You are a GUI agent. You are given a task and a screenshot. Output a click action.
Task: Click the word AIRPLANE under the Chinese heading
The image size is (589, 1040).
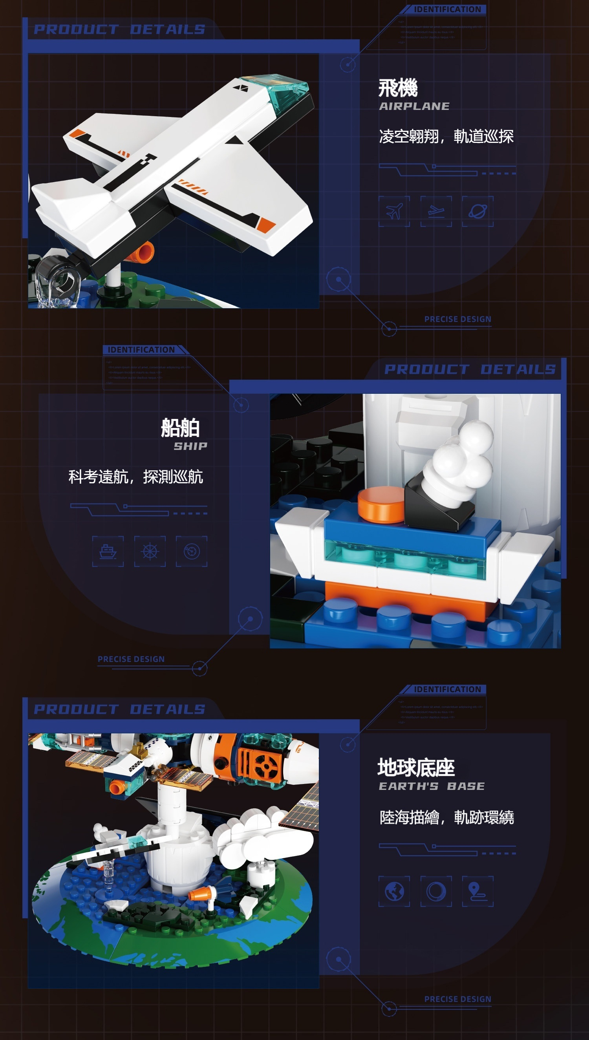click(x=414, y=106)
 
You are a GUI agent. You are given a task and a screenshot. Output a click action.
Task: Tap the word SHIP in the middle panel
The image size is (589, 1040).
click(x=190, y=446)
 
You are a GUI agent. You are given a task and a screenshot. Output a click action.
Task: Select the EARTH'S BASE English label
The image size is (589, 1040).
click(x=431, y=786)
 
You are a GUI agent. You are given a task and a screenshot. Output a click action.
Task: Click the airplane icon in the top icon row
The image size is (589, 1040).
click(x=394, y=211)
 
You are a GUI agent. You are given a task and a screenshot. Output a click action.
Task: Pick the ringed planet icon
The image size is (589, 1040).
click(x=477, y=211)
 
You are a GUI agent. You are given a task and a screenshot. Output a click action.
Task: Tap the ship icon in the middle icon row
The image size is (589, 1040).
click(x=108, y=551)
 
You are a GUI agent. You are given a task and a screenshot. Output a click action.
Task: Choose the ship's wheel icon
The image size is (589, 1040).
click(x=150, y=551)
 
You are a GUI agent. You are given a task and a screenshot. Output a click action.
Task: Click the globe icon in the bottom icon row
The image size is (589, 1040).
click(x=394, y=891)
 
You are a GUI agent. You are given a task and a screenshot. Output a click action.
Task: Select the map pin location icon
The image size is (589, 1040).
click(x=477, y=891)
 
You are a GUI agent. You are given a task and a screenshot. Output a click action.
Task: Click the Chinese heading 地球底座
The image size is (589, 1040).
click(x=416, y=767)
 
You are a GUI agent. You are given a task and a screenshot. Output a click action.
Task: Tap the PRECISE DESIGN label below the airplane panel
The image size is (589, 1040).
click(x=457, y=319)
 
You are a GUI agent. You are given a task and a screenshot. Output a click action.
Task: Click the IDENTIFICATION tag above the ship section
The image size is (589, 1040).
click(x=141, y=350)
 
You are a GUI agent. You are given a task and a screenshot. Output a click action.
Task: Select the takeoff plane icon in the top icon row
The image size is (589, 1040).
click(x=436, y=211)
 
